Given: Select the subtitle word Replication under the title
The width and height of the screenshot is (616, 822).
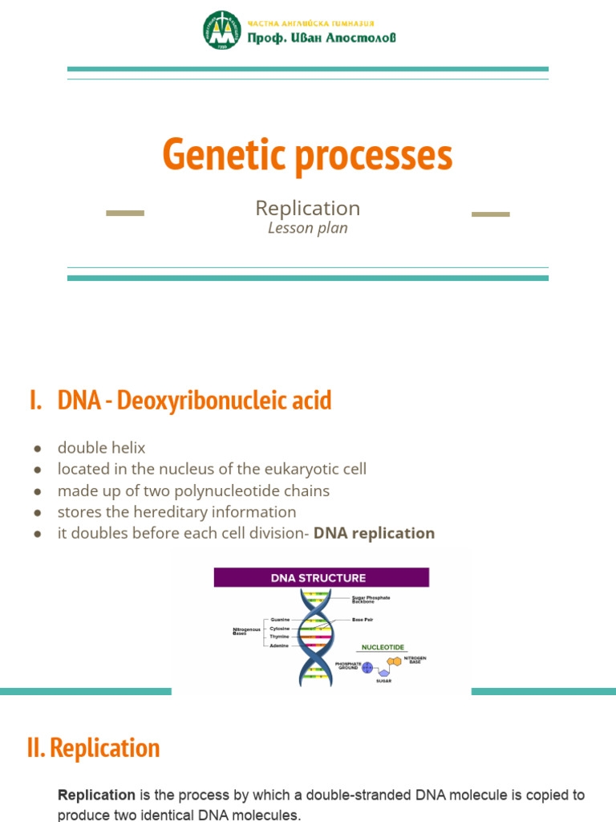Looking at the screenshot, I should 307,208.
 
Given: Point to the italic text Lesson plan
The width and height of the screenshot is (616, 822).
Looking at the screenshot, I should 307,228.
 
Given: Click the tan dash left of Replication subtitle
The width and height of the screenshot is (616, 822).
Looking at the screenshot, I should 125,214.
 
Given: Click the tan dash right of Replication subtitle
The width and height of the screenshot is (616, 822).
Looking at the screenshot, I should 490,214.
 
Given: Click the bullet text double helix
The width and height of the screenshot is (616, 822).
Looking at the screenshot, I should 101,448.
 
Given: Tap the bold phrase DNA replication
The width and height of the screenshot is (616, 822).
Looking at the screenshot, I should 374,533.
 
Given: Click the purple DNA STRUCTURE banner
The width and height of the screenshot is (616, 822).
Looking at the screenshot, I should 321,578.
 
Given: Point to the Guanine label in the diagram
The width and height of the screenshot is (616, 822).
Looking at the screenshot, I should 280,620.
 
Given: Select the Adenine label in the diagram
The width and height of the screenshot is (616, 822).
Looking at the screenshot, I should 280,645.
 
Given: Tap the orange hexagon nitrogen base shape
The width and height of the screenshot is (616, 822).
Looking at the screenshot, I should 395,663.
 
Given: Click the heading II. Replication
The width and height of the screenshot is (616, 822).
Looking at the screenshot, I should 93,748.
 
